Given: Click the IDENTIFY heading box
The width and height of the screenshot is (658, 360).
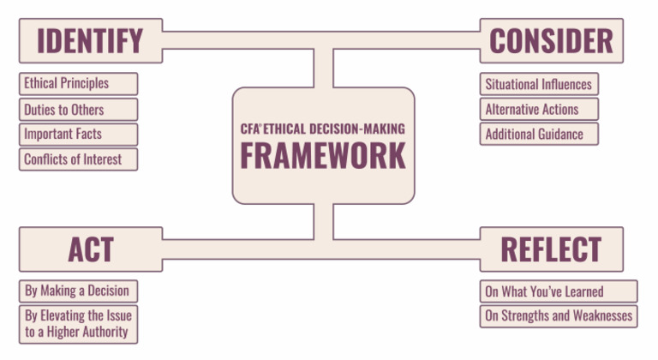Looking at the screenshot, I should [x=90, y=40].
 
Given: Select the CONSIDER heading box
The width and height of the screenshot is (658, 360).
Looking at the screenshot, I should [x=551, y=40].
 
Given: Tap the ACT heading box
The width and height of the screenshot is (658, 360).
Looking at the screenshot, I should [x=90, y=249].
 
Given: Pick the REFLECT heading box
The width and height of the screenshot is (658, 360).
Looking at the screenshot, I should [x=551, y=249].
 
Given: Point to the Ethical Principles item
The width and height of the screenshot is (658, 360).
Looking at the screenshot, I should [x=77, y=84].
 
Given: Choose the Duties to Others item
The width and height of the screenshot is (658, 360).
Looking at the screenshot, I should [x=77, y=109].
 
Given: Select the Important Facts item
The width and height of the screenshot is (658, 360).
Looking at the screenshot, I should [x=77, y=134].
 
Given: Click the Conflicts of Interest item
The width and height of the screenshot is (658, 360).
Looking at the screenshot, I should [x=77, y=159].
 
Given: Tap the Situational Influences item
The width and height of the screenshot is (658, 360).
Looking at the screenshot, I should [x=538, y=84].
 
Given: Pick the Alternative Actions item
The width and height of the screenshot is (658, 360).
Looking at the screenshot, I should [x=538, y=109].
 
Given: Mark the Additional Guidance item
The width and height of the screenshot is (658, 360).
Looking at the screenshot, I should [x=538, y=134].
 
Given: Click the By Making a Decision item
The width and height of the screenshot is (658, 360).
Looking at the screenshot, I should [x=77, y=290].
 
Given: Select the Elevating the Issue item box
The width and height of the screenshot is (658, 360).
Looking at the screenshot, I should [x=77, y=323].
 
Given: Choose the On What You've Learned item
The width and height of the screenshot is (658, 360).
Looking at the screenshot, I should [x=558, y=291].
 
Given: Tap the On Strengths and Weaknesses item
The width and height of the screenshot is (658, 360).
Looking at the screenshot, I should [x=558, y=315].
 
